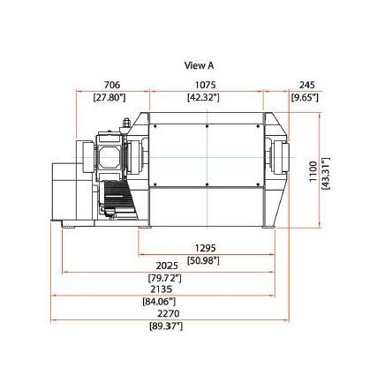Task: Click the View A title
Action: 199,65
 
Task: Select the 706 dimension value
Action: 112,85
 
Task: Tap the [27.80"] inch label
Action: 109,97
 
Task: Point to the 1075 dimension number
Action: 206,85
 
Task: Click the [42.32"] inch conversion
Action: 203,97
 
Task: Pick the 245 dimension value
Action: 307,85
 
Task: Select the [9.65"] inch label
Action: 305,97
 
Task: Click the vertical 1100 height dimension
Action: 313,171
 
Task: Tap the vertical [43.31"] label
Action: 326,174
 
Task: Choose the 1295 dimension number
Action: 206,248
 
